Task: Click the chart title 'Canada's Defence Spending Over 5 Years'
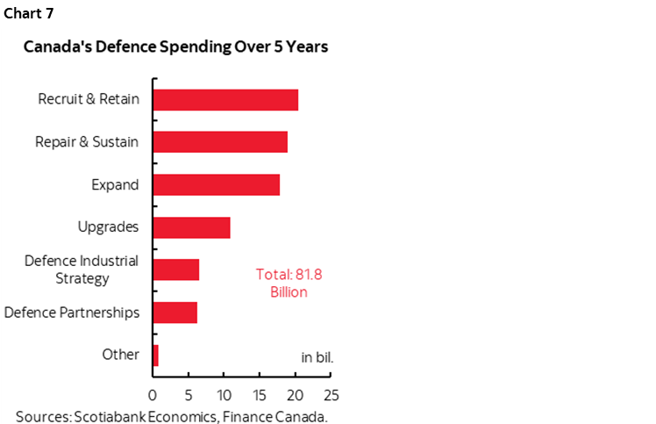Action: tap(175, 47)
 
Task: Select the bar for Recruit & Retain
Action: tap(225, 99)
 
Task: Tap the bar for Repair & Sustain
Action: tap(220, 142)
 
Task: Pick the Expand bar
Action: tap(216, 184)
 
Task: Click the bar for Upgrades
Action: tap(191, 227)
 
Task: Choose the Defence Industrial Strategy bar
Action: tap(176, 269)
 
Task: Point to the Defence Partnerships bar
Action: tap(175, 312)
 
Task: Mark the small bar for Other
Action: tap(156, 355)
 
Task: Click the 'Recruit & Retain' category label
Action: tap(89, 99)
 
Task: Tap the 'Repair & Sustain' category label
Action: tap(87, 142)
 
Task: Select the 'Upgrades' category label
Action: tap(108, 227)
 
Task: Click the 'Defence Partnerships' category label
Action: tap(72, 312)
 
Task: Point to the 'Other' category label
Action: tap(121, 355)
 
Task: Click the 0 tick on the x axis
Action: tap(153, 394)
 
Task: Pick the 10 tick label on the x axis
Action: tap(224, 394)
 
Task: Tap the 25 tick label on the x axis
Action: tap(331, 394)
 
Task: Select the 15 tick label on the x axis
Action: tap(260, 394)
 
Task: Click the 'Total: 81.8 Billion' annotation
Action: tap(289, 283)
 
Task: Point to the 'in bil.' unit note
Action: tap(317, 357)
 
